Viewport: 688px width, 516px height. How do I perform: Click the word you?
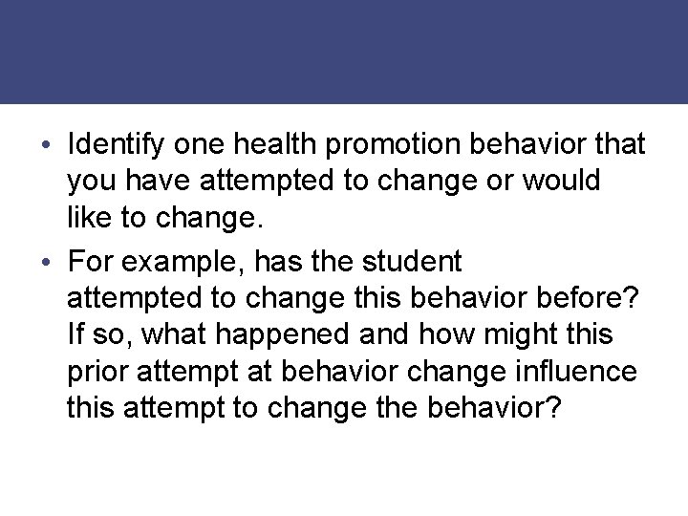[x=88, y=183]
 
